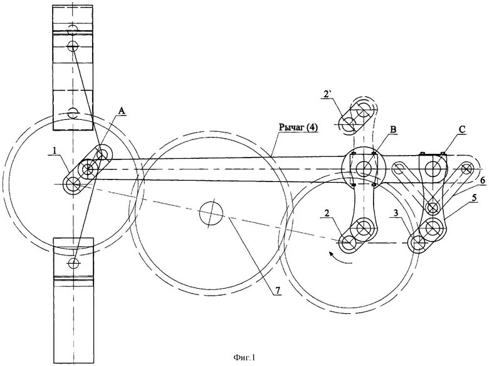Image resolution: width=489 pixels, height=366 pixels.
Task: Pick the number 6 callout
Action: (482, 180)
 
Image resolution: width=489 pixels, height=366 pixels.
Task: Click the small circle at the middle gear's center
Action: (211, 214)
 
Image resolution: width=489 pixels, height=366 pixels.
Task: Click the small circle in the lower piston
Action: (74, 262)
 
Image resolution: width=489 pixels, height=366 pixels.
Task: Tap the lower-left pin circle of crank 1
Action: (75, 184)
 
